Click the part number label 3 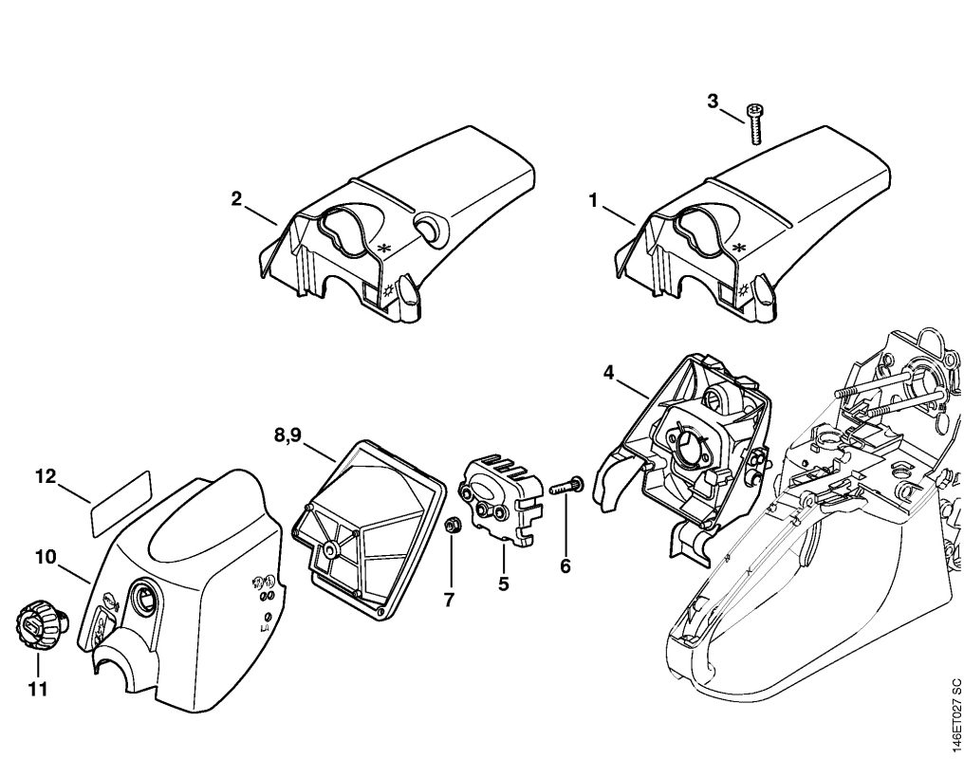[x=713, y=102]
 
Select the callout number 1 [x=593, y=200]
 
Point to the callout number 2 [x=236, y=198]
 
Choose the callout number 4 [x=608, y=373]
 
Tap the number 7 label [x=450, y=599]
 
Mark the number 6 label [x=565, y=566]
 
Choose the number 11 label [x=37, y=690]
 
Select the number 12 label [x=46, y=477]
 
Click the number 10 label [x=46, y=558]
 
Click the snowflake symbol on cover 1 [x=741, y=248]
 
